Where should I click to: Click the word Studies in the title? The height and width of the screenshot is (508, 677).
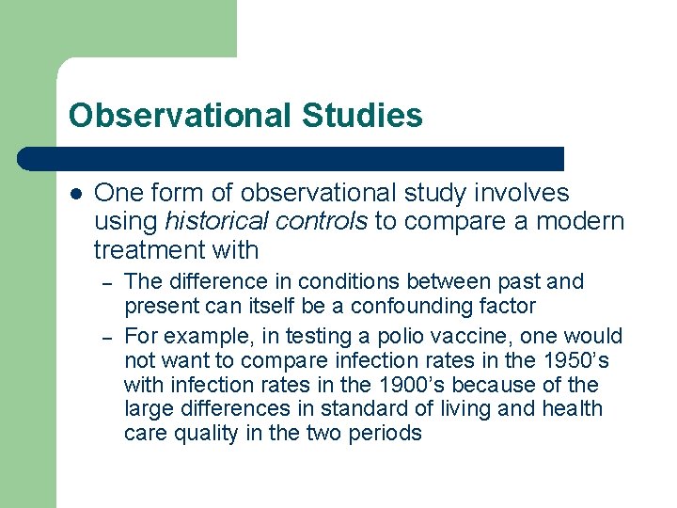pyautogui.click(x=363, y=116)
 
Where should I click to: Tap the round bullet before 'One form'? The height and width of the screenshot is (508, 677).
pyautogui.click(x=76, y=194)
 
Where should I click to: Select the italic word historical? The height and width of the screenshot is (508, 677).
pyautogui.click(x=217, y=222)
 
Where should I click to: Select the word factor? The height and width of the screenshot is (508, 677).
pyautogui.click(x=508, y=306)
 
